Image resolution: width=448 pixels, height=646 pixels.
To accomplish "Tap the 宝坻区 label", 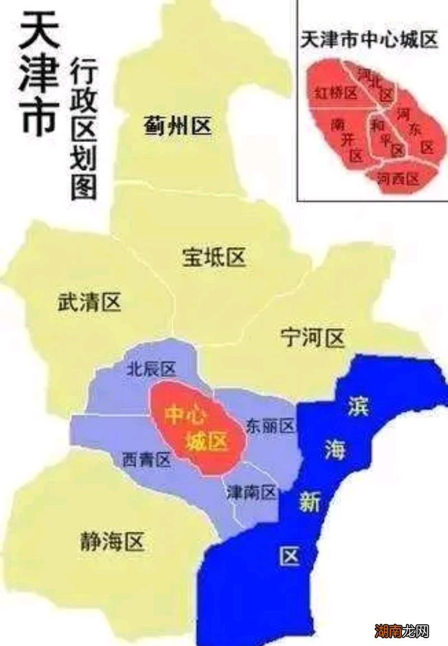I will [x=214, y=258].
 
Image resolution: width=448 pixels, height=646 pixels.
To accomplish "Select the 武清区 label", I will [x=90, y=303].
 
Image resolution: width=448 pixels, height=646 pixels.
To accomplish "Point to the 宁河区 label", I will [x=312, y=338].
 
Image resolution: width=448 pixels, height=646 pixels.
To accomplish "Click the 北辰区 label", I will [x=151, y=369].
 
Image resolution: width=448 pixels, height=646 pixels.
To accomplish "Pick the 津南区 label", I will [x=251, y=493].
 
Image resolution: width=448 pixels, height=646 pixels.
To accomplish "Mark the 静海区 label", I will [x=112, y=542].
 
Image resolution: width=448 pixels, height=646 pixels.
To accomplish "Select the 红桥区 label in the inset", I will [x=335, y=93].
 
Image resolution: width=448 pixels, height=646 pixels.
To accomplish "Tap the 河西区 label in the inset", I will [x=398, y=179].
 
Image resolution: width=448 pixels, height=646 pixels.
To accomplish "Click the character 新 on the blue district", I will [x=309, y=503].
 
